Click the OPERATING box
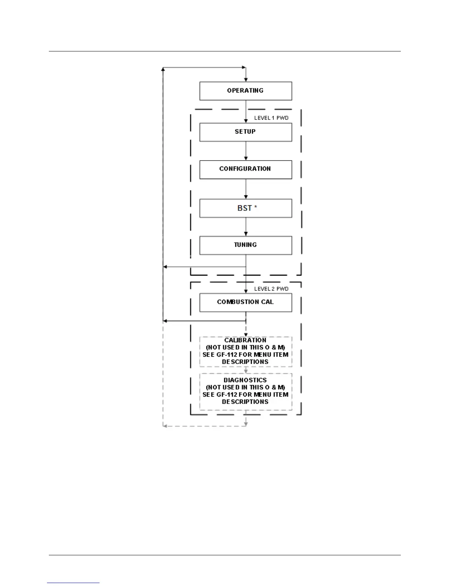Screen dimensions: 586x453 246,91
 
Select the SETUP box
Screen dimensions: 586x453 246,132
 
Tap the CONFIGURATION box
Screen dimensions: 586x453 246,169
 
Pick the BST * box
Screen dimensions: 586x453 246,208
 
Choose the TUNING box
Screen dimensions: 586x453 246,245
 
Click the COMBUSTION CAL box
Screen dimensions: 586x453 246,302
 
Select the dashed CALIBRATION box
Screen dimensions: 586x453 246,351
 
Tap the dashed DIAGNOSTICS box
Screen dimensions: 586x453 246,391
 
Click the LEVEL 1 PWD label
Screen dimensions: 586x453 271,118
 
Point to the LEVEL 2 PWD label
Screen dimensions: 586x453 271,289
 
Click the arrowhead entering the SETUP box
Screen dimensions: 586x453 246,121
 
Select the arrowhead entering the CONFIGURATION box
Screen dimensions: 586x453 246,158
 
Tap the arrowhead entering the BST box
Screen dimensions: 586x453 246,197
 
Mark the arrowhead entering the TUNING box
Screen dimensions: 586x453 246,234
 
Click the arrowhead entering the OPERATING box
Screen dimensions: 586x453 246,80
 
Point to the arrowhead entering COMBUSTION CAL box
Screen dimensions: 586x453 246,291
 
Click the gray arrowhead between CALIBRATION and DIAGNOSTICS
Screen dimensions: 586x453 246,371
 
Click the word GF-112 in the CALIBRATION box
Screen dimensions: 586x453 227,355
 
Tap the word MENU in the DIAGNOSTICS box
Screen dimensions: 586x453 262,395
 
